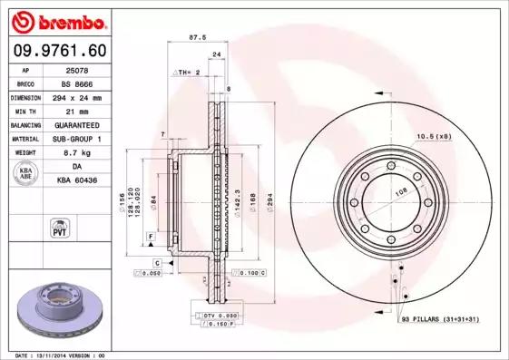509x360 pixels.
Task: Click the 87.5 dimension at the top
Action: tap(193, 38)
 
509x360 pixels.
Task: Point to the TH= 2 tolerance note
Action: tap(187, 71)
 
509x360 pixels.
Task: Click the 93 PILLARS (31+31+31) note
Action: tap(441, 319)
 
